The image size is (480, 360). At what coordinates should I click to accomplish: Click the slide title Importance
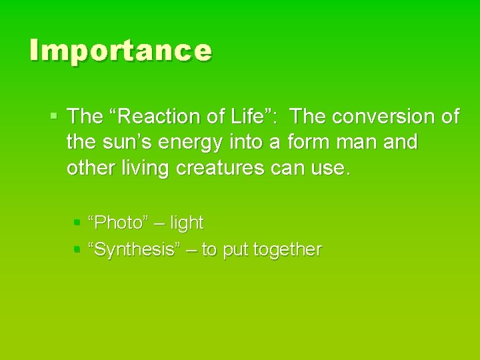(x=121, y=51)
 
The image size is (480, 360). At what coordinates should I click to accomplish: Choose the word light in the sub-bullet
(x=187, y=223)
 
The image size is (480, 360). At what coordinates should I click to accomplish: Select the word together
(x=288, y=250)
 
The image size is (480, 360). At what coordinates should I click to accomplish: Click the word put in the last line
(x=235, y=250)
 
